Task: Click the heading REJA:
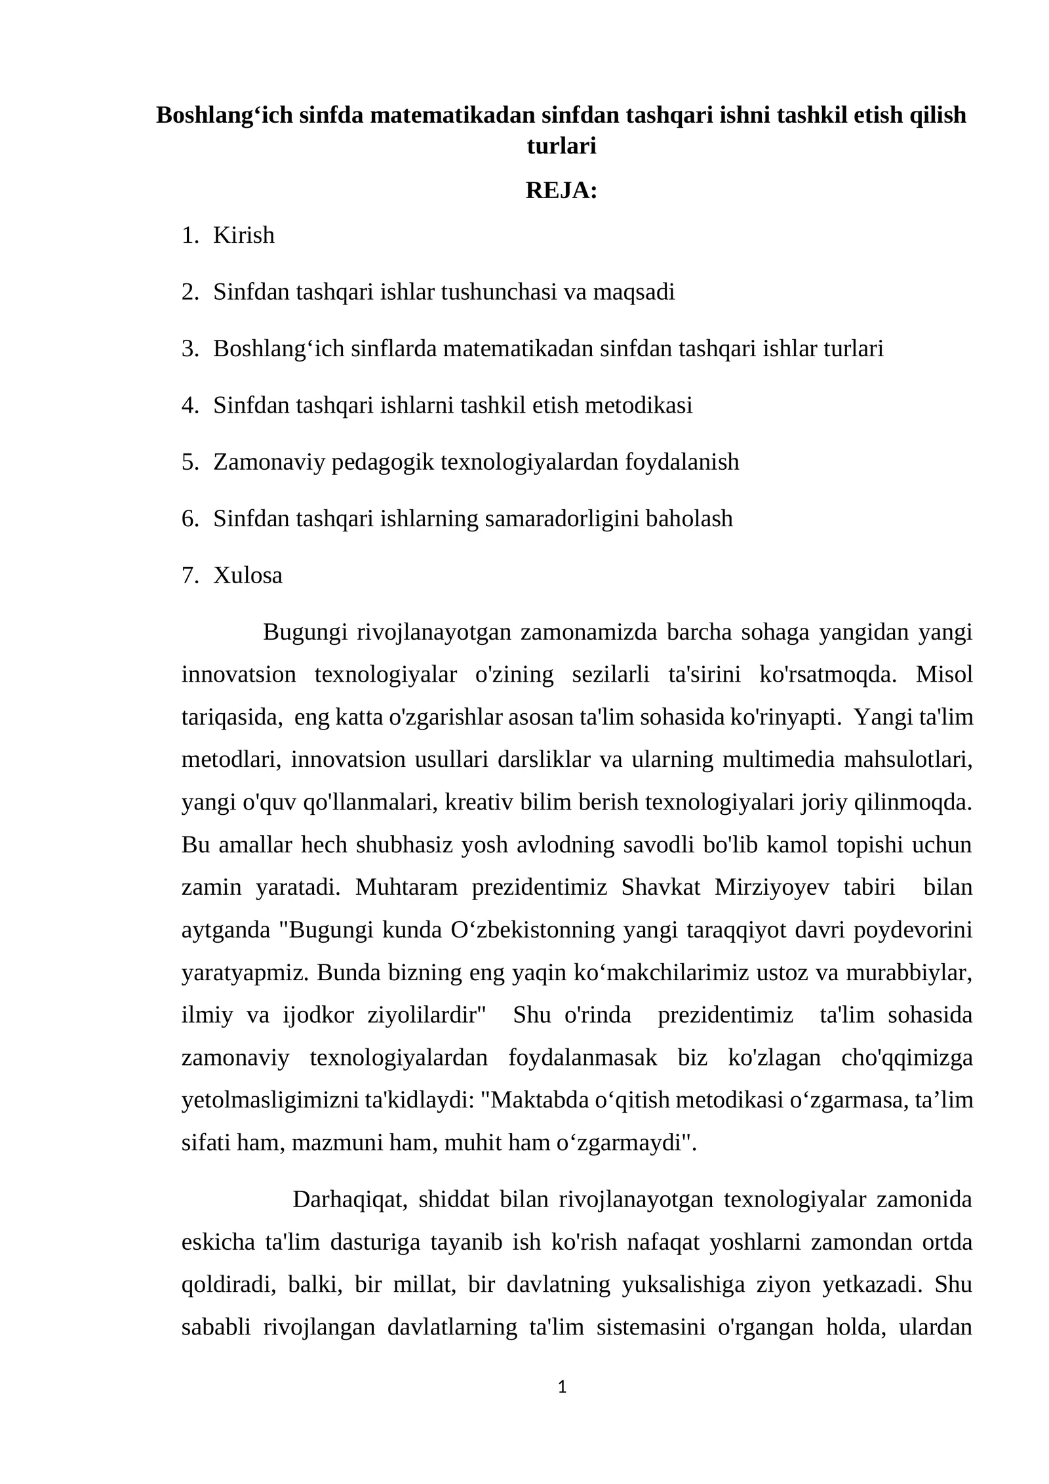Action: click(x=561, y=191)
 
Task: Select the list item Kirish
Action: click(x=243, y=235)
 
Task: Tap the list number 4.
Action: click(x=189, y=405)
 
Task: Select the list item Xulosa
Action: click(x=248, y=575)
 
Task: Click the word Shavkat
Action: click(x=661, y=888)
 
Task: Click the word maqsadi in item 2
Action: click(x=633, y=291)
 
